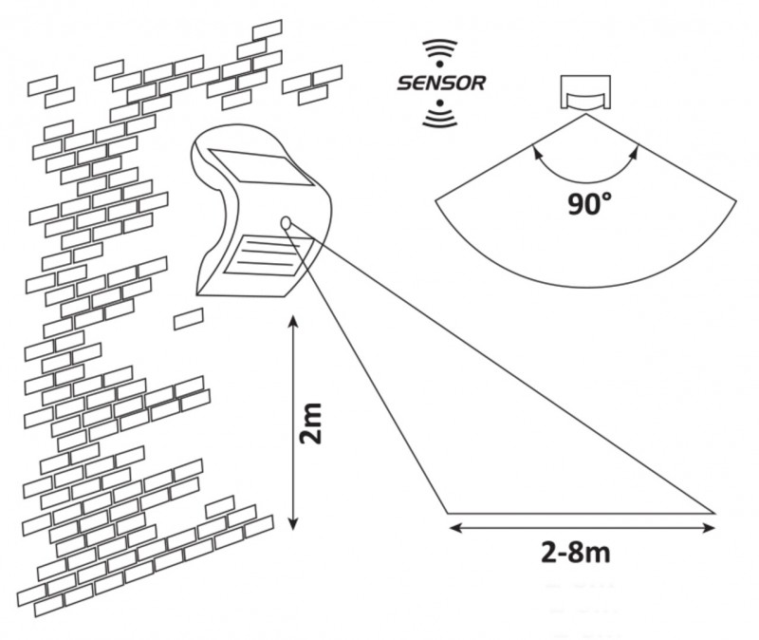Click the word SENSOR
tap(442, 84)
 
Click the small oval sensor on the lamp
tap(287, 222)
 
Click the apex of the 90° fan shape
tap(583, 114)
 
